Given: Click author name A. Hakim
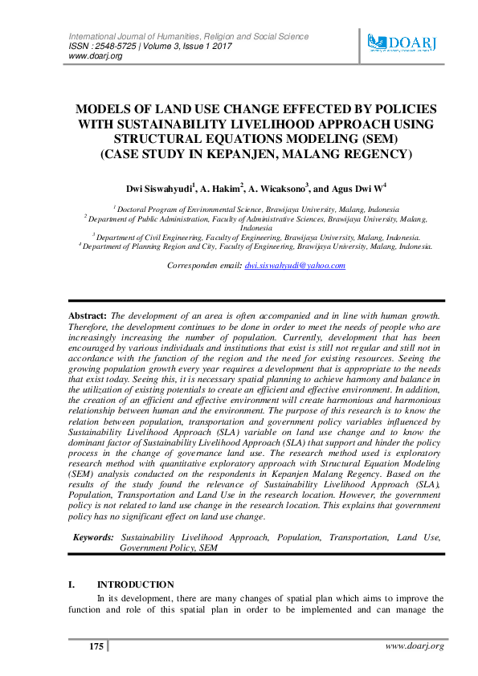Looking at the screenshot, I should [219, 189].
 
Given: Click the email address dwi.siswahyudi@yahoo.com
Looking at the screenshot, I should [294, 265].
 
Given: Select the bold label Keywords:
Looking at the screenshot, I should [94, 536].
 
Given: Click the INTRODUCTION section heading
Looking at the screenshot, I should [135, 584].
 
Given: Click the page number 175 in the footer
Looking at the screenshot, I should [96, 646].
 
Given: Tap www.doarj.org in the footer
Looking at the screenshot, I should [414, 646].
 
